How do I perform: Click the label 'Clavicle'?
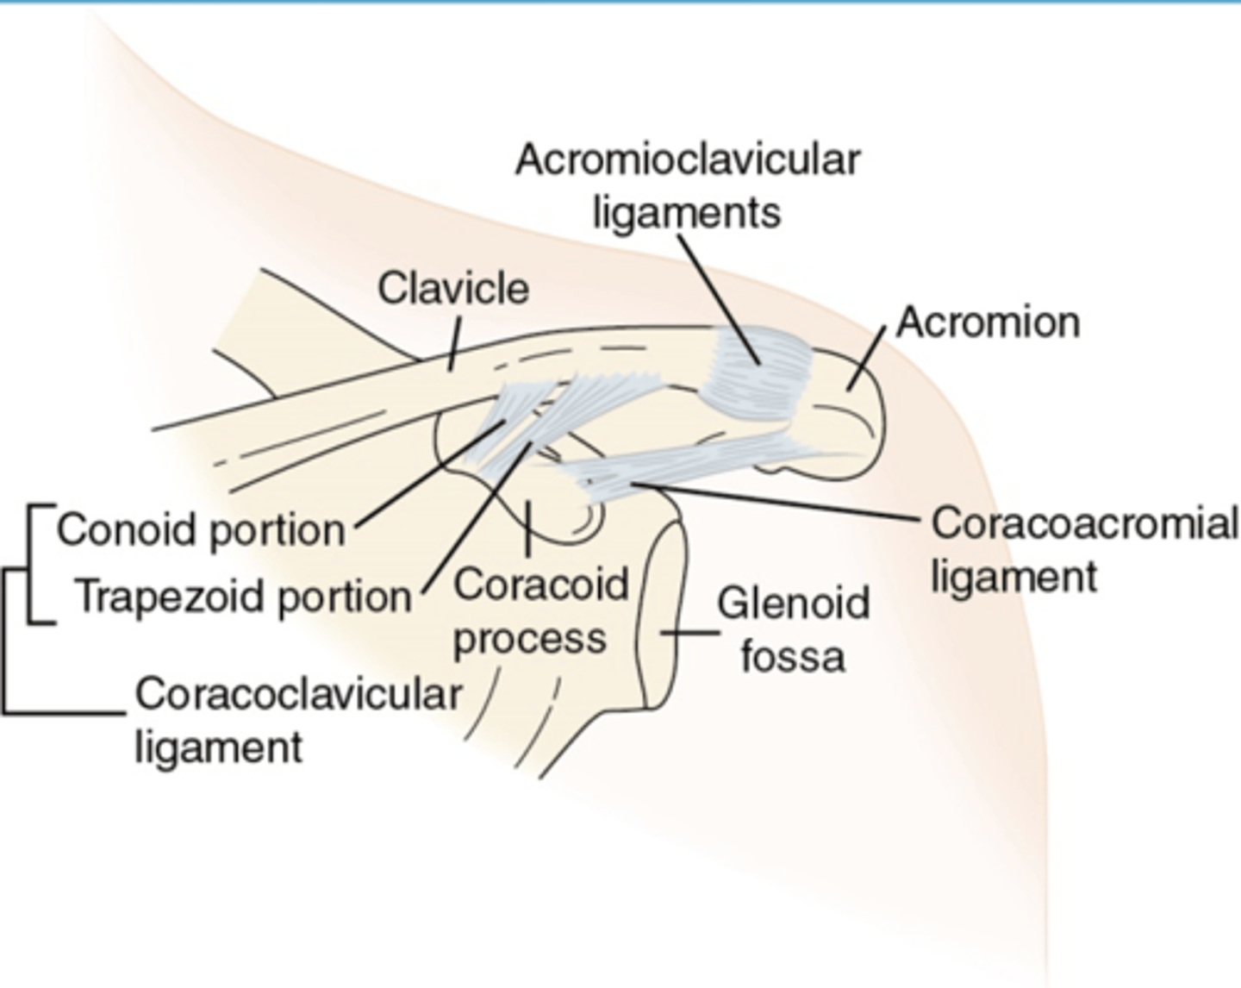(453, 288)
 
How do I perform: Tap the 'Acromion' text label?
(988, 322)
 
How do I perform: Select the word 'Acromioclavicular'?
(688, 160)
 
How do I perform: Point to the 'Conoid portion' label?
(200, 529)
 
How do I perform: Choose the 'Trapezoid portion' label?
(243, 597)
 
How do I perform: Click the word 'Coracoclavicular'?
(298, 695)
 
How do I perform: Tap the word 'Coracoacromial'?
(1084, 523)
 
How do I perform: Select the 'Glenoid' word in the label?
(793, 603)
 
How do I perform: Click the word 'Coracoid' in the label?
(541, 585)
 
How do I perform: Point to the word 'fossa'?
(793, 657)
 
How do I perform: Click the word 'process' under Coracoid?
(530, 640)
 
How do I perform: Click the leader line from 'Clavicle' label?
(453, 344)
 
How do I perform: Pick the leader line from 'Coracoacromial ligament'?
(776, 502)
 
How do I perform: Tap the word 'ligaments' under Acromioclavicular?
(687, 213)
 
